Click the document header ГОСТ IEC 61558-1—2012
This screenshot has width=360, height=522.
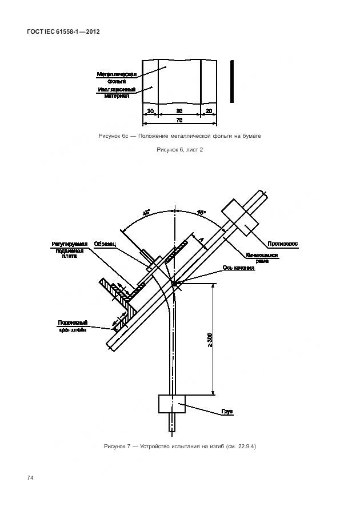coord(63,32)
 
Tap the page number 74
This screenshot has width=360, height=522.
coord(30,477)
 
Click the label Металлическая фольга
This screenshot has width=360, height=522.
coord(116,78)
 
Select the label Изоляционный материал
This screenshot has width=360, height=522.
coord(116,93)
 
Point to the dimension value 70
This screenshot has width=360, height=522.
coord(179,120)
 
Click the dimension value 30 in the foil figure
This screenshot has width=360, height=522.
coord(179,111)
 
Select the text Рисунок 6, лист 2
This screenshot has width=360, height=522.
coord(179,150)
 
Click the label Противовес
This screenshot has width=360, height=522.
coord(282,244)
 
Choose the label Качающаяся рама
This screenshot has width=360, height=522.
coord(262,257)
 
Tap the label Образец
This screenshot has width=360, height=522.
coord(105,244)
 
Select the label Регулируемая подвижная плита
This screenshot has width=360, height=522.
coord(69,250)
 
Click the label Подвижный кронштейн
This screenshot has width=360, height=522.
coord(72,326)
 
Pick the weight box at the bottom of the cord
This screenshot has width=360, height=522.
coord(172,404)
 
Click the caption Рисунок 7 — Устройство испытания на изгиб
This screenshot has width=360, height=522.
coord(179,446)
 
